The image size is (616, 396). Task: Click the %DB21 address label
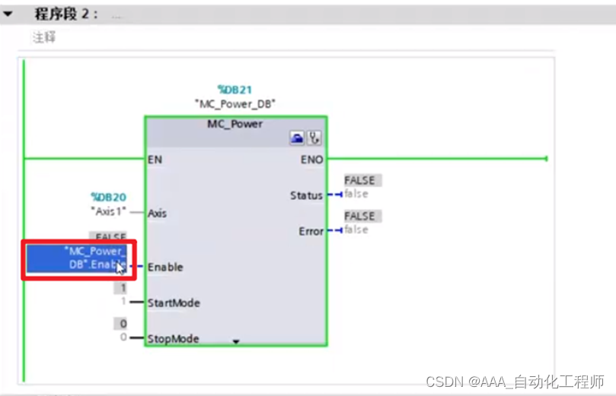(x=235, y=90)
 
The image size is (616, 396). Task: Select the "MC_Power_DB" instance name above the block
(x=235, y=103)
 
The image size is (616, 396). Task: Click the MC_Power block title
(x=235, y=123)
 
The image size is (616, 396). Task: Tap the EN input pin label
(x=155, y=160)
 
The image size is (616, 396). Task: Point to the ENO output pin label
(x=312, y=160)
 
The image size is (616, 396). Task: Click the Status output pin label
(x=306, y=195)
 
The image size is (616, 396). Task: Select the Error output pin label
(x=311, y=231)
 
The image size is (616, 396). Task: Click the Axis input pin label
(x=158, y=214)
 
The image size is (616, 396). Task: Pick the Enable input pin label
(x=165, y=268)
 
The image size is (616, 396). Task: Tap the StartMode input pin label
(x=174, y=303)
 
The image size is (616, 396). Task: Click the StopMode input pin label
(x=172, y=338)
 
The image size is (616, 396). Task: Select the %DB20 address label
(x=107, y=197)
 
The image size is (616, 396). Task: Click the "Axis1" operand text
(x=109, y=211)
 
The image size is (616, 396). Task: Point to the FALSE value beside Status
(x=360, y=180)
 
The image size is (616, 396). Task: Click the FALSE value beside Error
(x=360, y=216)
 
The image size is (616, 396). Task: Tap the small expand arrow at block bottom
(x=235, y=342)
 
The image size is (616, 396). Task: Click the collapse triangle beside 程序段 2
(x=8, y=14)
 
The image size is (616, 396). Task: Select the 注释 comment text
(x=43, y=37)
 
